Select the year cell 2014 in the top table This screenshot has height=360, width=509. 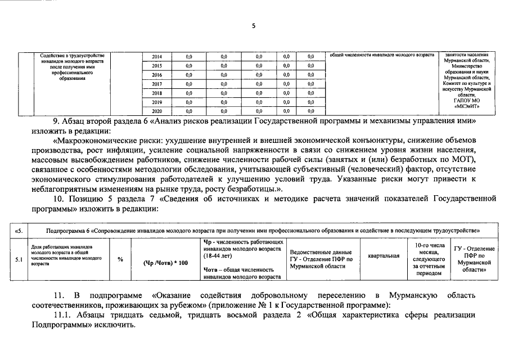(x=157, y=57)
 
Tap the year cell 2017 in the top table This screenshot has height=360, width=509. (x=157, y=84)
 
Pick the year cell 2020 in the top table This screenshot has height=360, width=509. (x=157, y=111)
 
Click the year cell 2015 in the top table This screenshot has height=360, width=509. (x=157, y=66)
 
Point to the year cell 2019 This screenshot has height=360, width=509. (x=157, y=102)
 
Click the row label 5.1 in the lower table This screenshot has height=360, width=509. (x=19, y=259)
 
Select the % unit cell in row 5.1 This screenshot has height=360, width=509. (x=120, y=259)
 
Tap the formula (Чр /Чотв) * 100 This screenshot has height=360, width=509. (x=165, y=263)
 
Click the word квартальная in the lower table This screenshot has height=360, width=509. (x=384, y=256)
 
